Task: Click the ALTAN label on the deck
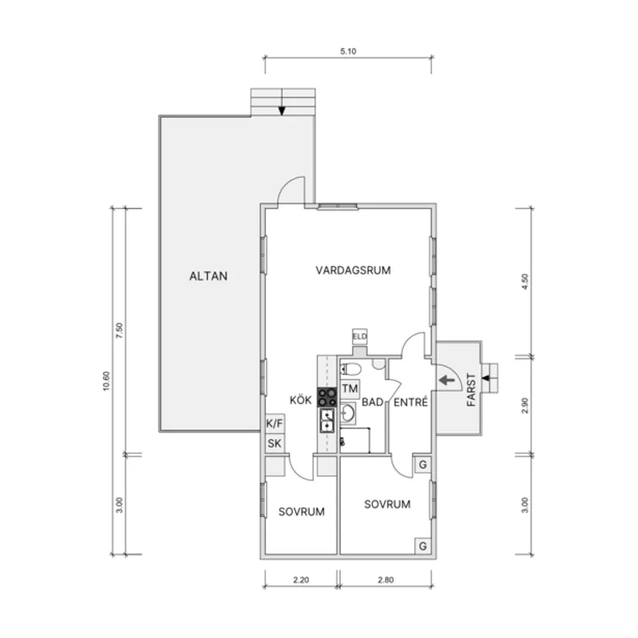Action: (x=208, y=276)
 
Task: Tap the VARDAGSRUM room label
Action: (x=353, y=270)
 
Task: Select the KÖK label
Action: (x=301, y=400)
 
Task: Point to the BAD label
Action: (x=373, y=402)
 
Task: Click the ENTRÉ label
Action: (x=411, y=402)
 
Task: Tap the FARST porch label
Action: (x=471, y=390)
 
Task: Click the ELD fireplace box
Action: (x=360, y=336)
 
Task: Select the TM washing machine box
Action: (x=350, y=388)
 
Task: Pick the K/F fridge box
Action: (x=275, y=424)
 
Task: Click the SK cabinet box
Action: (x=275, y=443)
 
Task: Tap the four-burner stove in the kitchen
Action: (x=327, y=397)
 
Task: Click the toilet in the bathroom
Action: (x=350, y=370)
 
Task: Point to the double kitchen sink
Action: (x=327, y=421)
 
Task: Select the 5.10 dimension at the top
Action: (x=348, y=51)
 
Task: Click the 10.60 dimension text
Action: (x=106, y=381)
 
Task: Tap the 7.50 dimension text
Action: (x=119, y=331)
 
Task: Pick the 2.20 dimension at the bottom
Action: (x=301, y=580)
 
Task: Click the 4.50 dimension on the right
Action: (x=525, y=281)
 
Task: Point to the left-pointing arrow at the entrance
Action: (x=447, y=380)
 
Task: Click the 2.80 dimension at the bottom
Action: (x=386, y=580)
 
